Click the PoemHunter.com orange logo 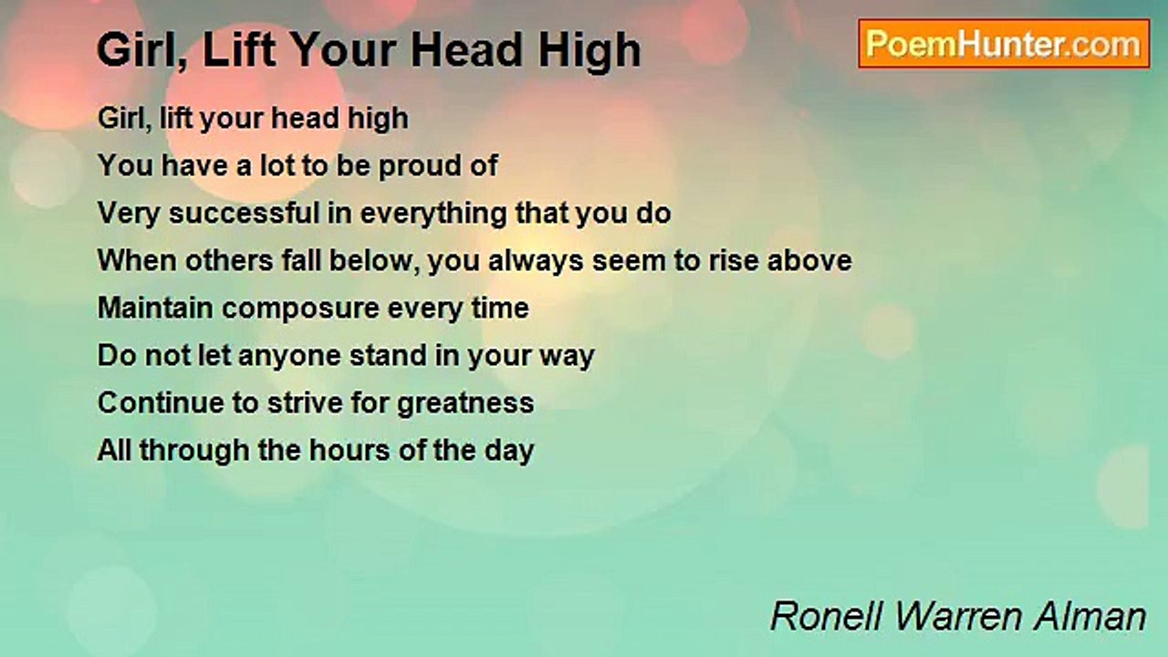[x=1004, y=44]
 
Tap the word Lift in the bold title [x=239, y=50]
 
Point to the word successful [x=244, y=214]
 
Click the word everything [x=433, y=214]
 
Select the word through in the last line [x=194, y=451]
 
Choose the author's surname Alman [x=1090, y=617]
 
